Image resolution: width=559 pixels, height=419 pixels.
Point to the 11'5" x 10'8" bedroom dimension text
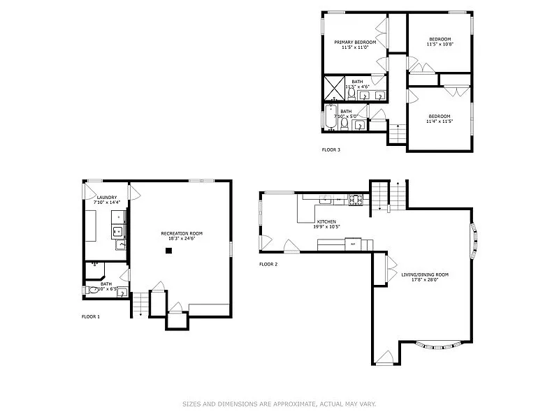440,44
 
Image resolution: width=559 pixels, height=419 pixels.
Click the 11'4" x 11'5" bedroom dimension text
440,121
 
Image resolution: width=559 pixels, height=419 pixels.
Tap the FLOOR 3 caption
331,149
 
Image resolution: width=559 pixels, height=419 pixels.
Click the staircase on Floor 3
397,132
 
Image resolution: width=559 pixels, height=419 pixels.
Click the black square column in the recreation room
168,249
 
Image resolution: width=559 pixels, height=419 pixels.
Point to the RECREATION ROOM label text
182,233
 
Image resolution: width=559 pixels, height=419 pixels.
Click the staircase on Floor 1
140,303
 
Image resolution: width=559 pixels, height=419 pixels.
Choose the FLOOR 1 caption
91,316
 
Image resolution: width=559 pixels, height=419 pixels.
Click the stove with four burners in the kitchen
356,200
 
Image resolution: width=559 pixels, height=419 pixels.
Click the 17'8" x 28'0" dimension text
425,279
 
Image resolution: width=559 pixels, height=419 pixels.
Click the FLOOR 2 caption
268,264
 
